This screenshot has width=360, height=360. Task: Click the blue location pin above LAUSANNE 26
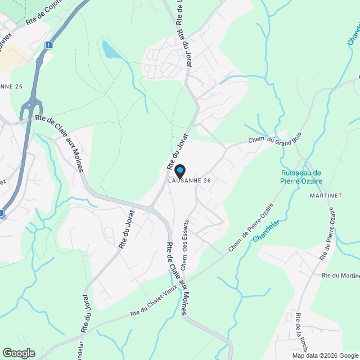(179, 170)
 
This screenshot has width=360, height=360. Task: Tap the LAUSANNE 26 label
(190, 181)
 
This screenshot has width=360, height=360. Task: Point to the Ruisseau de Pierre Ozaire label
(300, 177)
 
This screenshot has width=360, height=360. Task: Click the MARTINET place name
(326, 196)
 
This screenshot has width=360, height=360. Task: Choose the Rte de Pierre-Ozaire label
(331, 233)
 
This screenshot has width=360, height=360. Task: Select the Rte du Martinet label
(340, 276)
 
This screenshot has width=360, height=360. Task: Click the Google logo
(19, 353)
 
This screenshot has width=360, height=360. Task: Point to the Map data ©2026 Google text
(325, 355)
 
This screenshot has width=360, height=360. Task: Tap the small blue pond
(110, 51)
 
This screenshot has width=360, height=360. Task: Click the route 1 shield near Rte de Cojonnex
(49, 45)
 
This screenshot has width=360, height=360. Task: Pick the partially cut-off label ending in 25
(11, 87)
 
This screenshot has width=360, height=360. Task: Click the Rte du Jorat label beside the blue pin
(176, 148)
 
